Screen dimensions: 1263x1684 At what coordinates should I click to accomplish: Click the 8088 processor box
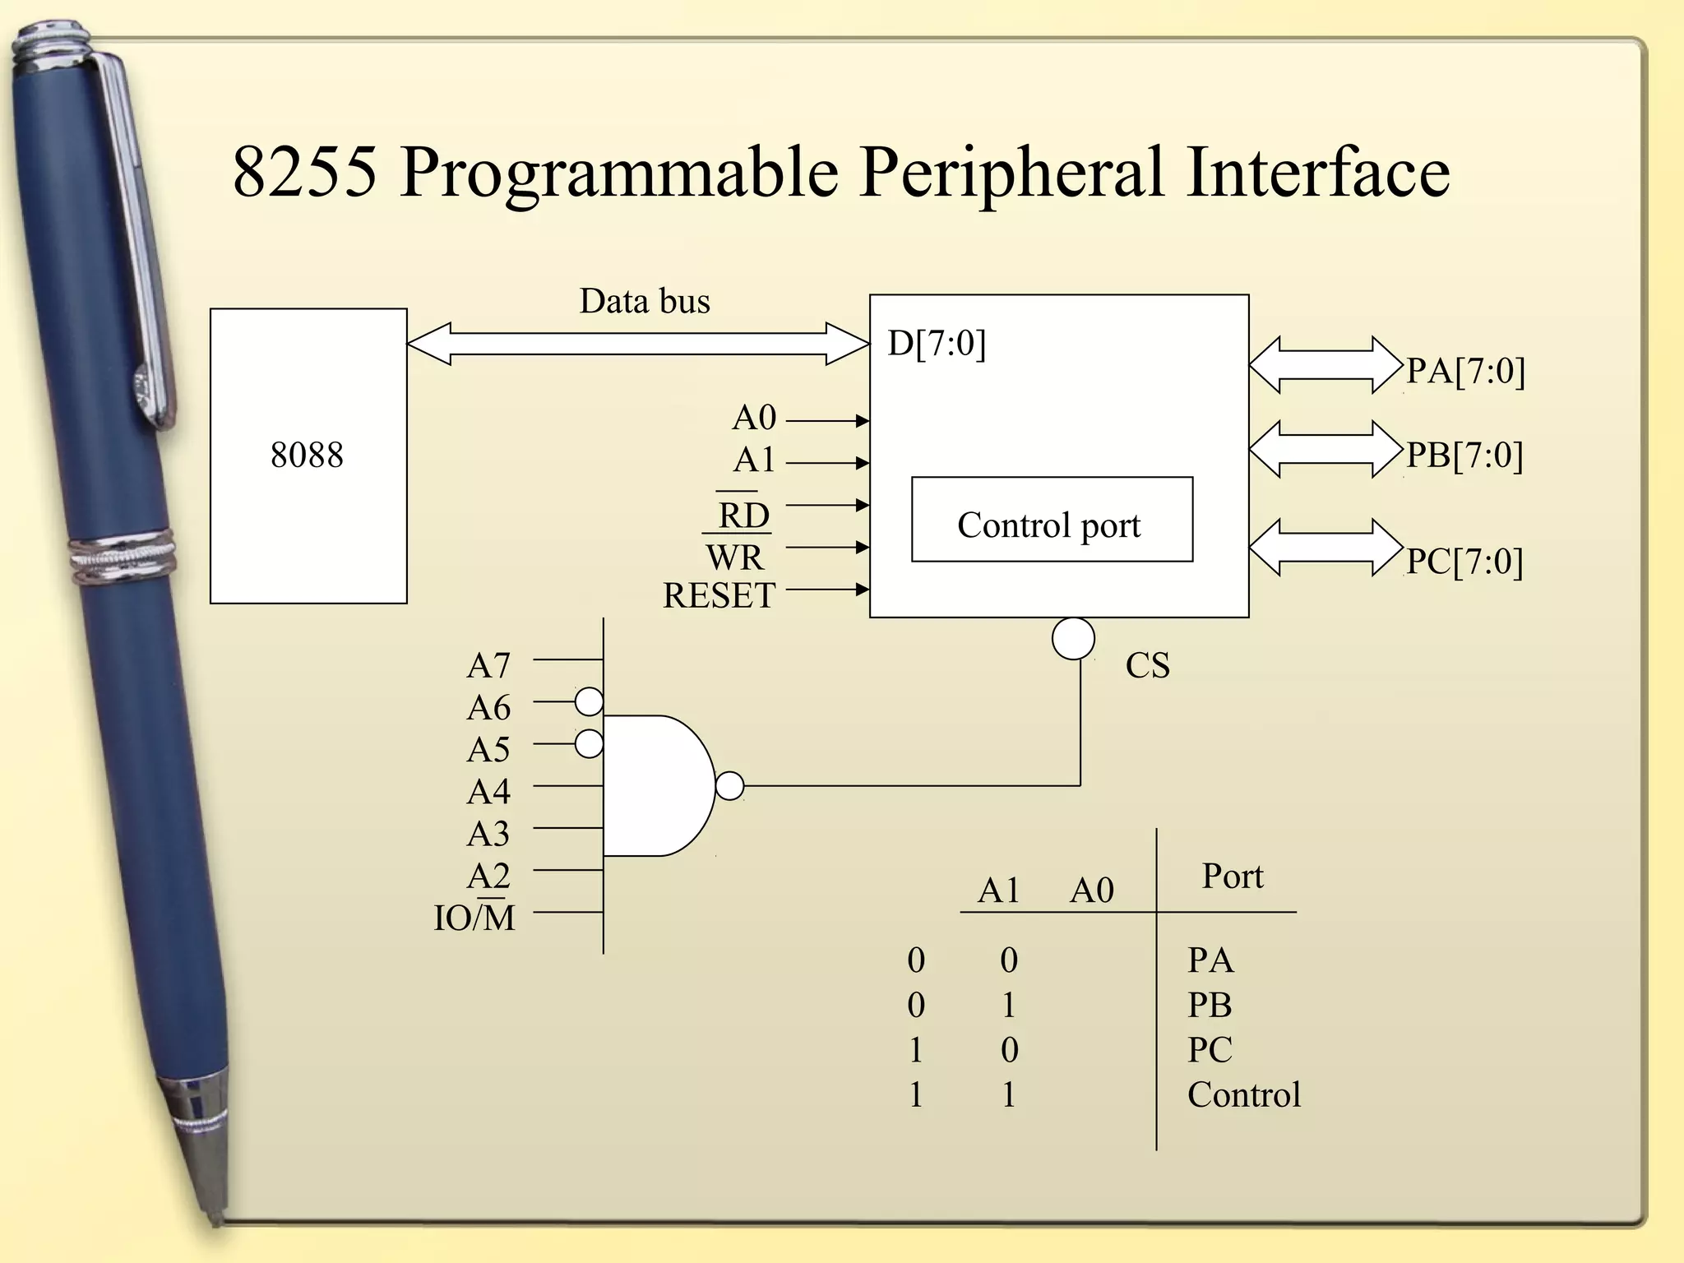(308, 456)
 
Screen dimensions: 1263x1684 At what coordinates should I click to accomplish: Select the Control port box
(1051, 520)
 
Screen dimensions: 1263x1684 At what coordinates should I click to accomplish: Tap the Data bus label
(644, 301)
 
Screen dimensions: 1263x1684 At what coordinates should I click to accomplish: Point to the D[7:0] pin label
(936, 343)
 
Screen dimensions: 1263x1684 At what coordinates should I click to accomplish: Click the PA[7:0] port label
(1465, 371)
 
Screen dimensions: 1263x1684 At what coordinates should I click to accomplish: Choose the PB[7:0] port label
(1464, 455)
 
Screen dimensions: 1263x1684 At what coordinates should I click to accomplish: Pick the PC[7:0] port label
(1464, 562)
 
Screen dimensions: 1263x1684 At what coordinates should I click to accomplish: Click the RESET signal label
(719, 595)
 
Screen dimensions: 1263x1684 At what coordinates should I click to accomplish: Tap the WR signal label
(734, 557)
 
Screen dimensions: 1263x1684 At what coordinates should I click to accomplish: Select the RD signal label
(743, 516)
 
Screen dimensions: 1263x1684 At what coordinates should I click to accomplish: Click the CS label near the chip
(1147, 665)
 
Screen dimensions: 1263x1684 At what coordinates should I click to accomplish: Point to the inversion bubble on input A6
(589, 702)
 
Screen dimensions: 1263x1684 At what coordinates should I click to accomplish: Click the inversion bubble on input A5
(589, 744)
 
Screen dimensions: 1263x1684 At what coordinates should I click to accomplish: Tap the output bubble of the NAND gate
(729, 786)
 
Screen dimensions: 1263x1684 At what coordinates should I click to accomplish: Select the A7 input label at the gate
(488, 665)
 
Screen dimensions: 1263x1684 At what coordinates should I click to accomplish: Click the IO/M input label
(474, 918)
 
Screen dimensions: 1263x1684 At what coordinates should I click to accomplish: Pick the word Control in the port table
(1243, 1095)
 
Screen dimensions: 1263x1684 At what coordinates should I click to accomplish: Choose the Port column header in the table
(1232, 877)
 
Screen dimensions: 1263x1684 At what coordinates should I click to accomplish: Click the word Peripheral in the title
(1011, 173)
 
